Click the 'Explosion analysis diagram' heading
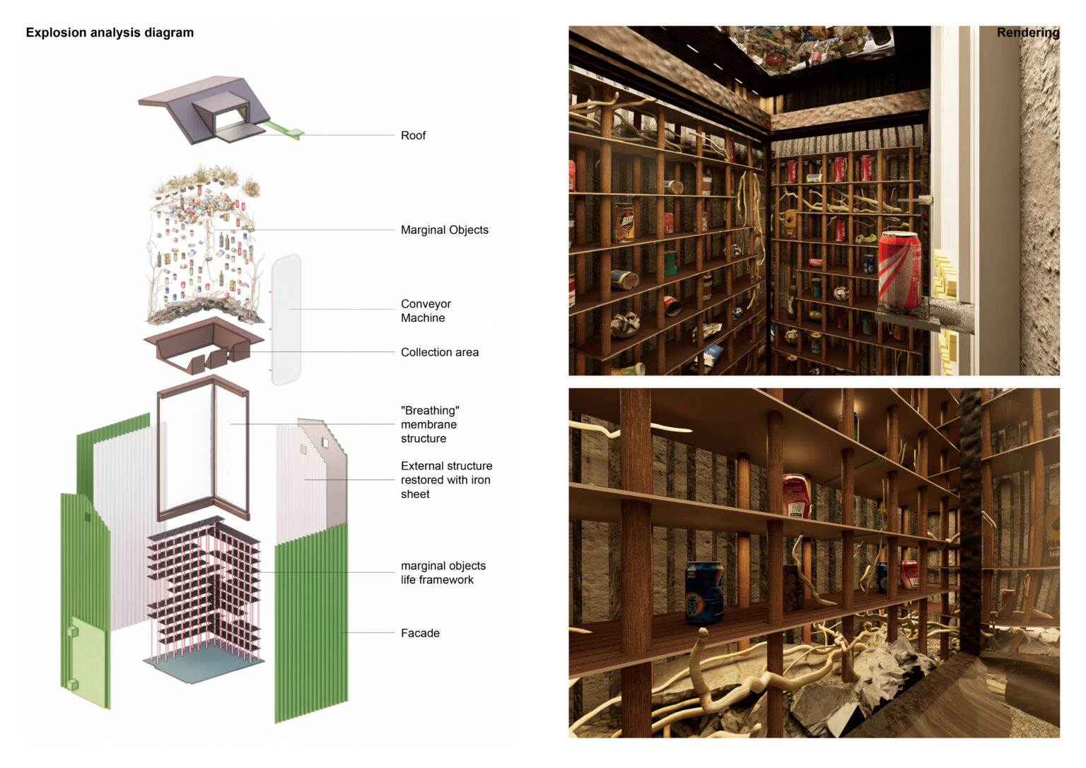[110, 33]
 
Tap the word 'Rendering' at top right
[1027, 33]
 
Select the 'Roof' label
[413, 136]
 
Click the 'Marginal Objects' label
[444, 230]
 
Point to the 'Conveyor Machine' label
[426, 311]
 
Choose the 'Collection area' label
[439, 352]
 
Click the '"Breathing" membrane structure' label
[429, 424]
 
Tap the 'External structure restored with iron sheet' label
[446, 480]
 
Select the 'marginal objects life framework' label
[443, 573]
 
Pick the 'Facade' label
[420, 633]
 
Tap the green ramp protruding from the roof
[283, 130]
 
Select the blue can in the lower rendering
[704, 593]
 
